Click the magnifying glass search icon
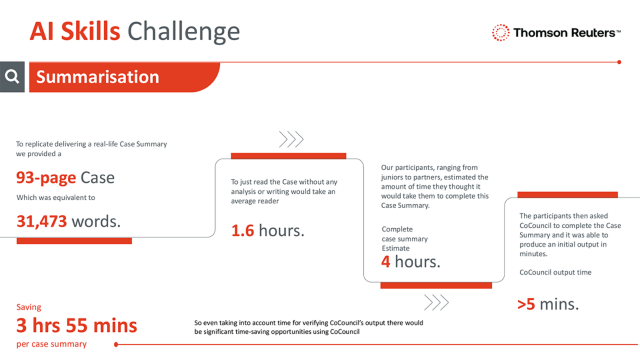point(12,76)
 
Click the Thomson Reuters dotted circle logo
point(500,33)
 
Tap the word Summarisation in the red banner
point(97,77)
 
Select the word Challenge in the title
point(183,31)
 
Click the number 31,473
point(41,221)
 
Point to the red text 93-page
point(46,177)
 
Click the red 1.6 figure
point(242,230)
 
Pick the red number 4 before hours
point(385,261)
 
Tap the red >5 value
point(526,304)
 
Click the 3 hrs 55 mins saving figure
point(76,325)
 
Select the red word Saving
point(28,307)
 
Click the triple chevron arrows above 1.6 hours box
point(291,139)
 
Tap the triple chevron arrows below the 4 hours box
point(436,302)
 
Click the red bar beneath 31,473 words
point(74,241)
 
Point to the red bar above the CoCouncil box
point(567,194)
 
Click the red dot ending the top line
point(619,62)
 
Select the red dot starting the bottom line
point(116,344)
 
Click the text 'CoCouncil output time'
point(555,272)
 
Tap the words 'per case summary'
point(51,344)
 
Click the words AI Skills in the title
point(75,31)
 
